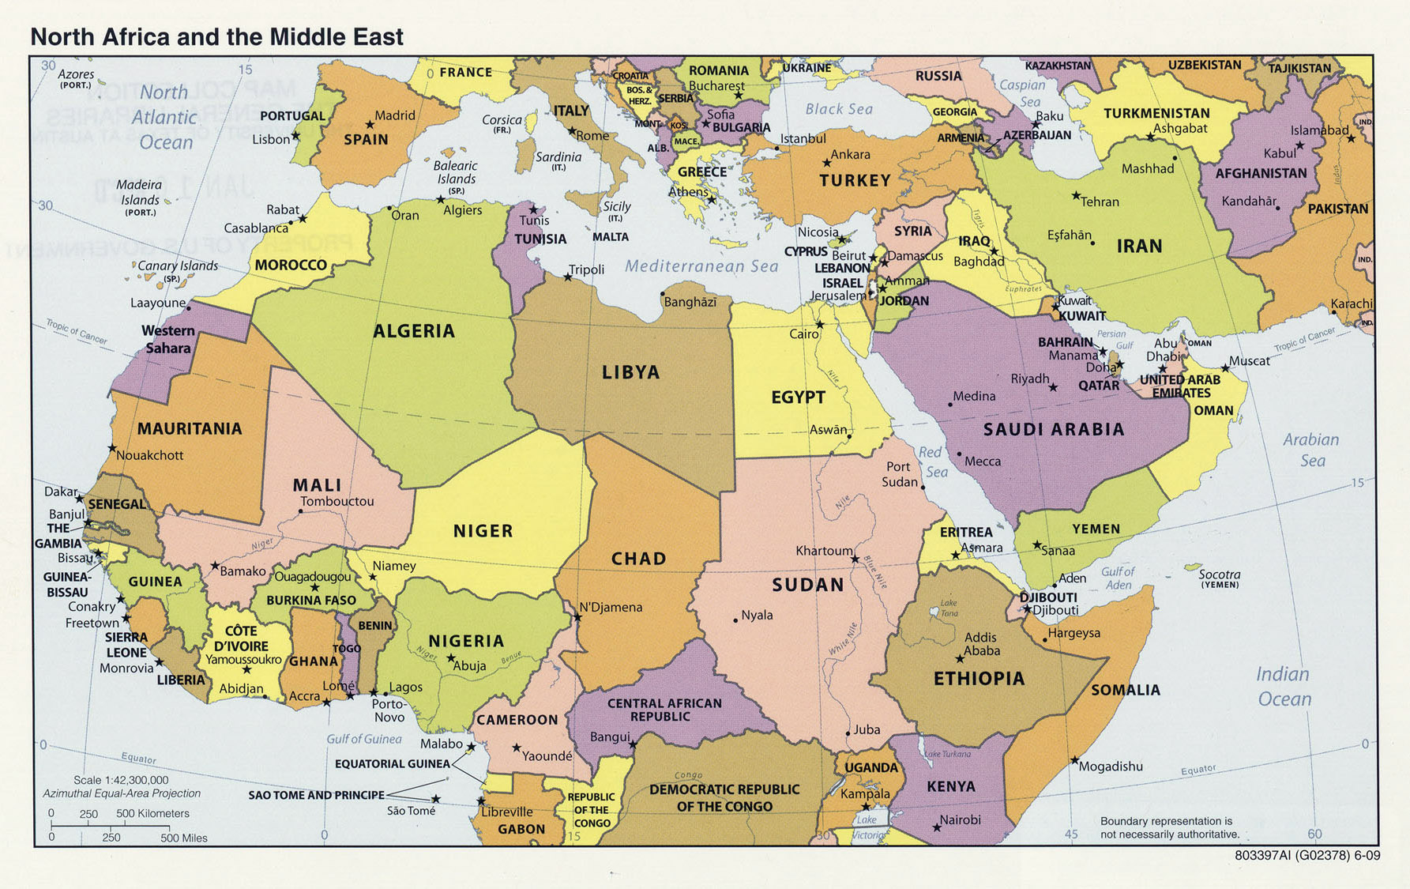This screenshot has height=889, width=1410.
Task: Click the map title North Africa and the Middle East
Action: pos(216,37)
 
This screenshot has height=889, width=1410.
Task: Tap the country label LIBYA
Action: pos(630,372)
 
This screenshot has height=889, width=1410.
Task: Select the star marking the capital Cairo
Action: pos(820,324)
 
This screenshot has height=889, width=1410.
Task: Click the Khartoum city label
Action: pos(824,551)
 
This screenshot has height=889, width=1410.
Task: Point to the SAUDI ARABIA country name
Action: pos(1053,429)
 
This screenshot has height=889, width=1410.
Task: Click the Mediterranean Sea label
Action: pos(701,266)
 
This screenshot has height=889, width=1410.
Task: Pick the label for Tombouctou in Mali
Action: pos(337,501)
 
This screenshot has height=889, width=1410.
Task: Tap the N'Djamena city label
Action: pos(611,607)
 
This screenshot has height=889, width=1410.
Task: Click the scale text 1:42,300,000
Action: pos(121,780)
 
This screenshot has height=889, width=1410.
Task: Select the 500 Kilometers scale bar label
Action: pos(152,813)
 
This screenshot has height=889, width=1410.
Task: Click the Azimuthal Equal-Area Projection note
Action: pos(122,793)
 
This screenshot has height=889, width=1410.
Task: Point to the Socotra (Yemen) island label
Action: pos(1219,578)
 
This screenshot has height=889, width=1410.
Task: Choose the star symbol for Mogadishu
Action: pos(1074,760)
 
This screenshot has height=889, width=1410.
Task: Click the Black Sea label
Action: pos(839,109)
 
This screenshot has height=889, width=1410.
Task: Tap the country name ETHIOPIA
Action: pos(979,678)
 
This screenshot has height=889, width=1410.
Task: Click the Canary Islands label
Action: pos(178,266)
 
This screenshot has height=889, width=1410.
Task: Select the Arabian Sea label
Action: pos(1311,450)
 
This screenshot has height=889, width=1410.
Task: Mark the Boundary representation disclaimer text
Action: pos(1169,827)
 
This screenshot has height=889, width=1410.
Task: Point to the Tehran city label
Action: pos(1100,202)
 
